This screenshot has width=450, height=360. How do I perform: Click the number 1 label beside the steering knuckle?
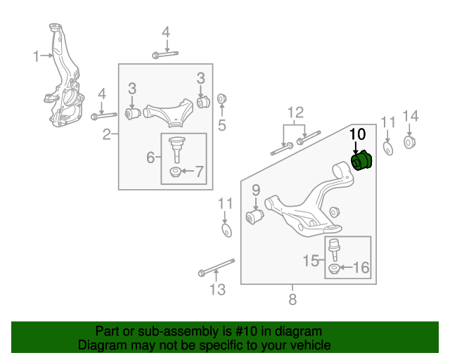[x=37, y=56]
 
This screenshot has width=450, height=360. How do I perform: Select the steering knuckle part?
[x=64, y=84]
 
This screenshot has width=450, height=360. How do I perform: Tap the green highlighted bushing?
[x=364, y=161]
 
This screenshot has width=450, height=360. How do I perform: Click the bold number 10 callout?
[x=357, y=133]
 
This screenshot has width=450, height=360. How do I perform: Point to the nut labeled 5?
[x=221, y=98]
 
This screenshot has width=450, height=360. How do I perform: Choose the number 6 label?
[x=150, y=157]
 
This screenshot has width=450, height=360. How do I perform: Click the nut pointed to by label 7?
[x=175, y=172]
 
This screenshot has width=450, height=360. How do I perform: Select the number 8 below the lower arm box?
[x=292, y=300]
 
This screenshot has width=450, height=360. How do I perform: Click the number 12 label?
[x=295, y=112]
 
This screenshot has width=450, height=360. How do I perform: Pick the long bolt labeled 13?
[x=216, y=268]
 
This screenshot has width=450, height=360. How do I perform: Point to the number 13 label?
[x=218, y=289]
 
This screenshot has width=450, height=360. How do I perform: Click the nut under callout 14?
[x=410, y=143]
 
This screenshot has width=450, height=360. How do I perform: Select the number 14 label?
[x=410, y=116]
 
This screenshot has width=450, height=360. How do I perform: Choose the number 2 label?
[x=107, y=134]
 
